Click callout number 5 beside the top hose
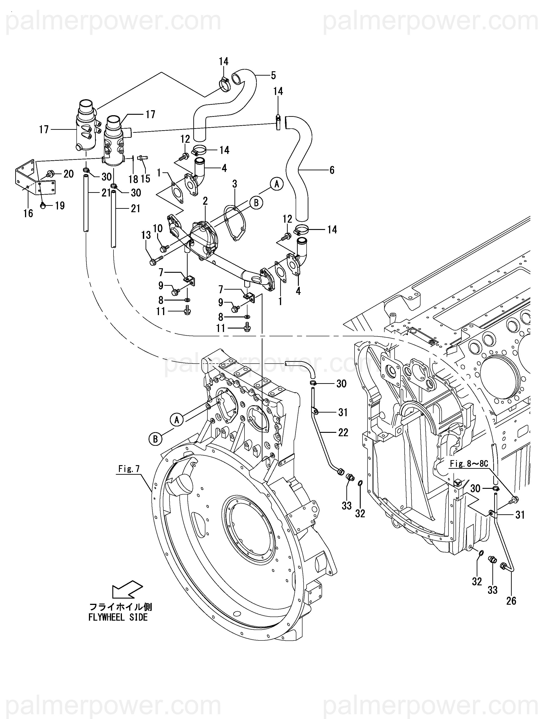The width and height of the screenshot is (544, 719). point(273,75)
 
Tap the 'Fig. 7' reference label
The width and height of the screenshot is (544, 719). point(129,469)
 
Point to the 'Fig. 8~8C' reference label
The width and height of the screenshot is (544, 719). point(469,464)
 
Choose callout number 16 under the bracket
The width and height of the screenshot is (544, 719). point(28,213)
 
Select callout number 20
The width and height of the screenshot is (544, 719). point(68,174)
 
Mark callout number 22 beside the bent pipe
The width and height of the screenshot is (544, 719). point(343,432)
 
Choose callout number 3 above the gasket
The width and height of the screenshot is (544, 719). point(234,184)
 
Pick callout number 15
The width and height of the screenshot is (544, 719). point(146,178)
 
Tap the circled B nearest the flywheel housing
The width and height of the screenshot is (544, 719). point(156,439)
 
